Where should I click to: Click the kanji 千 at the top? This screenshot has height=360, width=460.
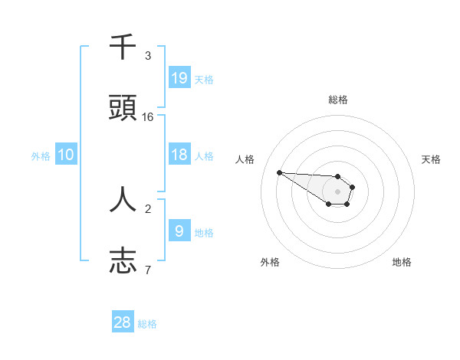point(123,47)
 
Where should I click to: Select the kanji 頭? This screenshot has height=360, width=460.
point(123,108)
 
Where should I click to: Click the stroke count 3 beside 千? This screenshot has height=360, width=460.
point(148,56)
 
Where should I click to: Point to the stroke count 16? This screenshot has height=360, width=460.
point(148,117)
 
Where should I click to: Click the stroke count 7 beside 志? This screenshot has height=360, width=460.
point(148,270)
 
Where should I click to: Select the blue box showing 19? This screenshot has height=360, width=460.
point(179,77)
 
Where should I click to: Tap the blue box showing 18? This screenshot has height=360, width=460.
point(179,155)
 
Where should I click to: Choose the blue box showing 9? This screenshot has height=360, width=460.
point(179,231)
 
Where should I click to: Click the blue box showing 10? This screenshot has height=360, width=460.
point(66,155)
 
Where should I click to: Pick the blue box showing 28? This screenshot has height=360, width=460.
point(123,322)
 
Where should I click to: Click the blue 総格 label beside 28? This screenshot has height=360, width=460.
point(147,324)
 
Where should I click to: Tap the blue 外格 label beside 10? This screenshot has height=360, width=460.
point(41,156)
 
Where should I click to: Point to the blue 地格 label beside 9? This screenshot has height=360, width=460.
point(204,232)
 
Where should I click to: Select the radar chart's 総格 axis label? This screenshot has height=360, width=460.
point(338,100)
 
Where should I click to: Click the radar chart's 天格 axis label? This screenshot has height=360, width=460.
point(431,159)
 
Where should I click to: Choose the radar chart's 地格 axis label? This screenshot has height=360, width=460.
point(402,262)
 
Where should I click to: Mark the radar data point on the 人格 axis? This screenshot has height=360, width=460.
point(279,172)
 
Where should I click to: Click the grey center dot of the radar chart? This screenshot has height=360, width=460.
point(337,191)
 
